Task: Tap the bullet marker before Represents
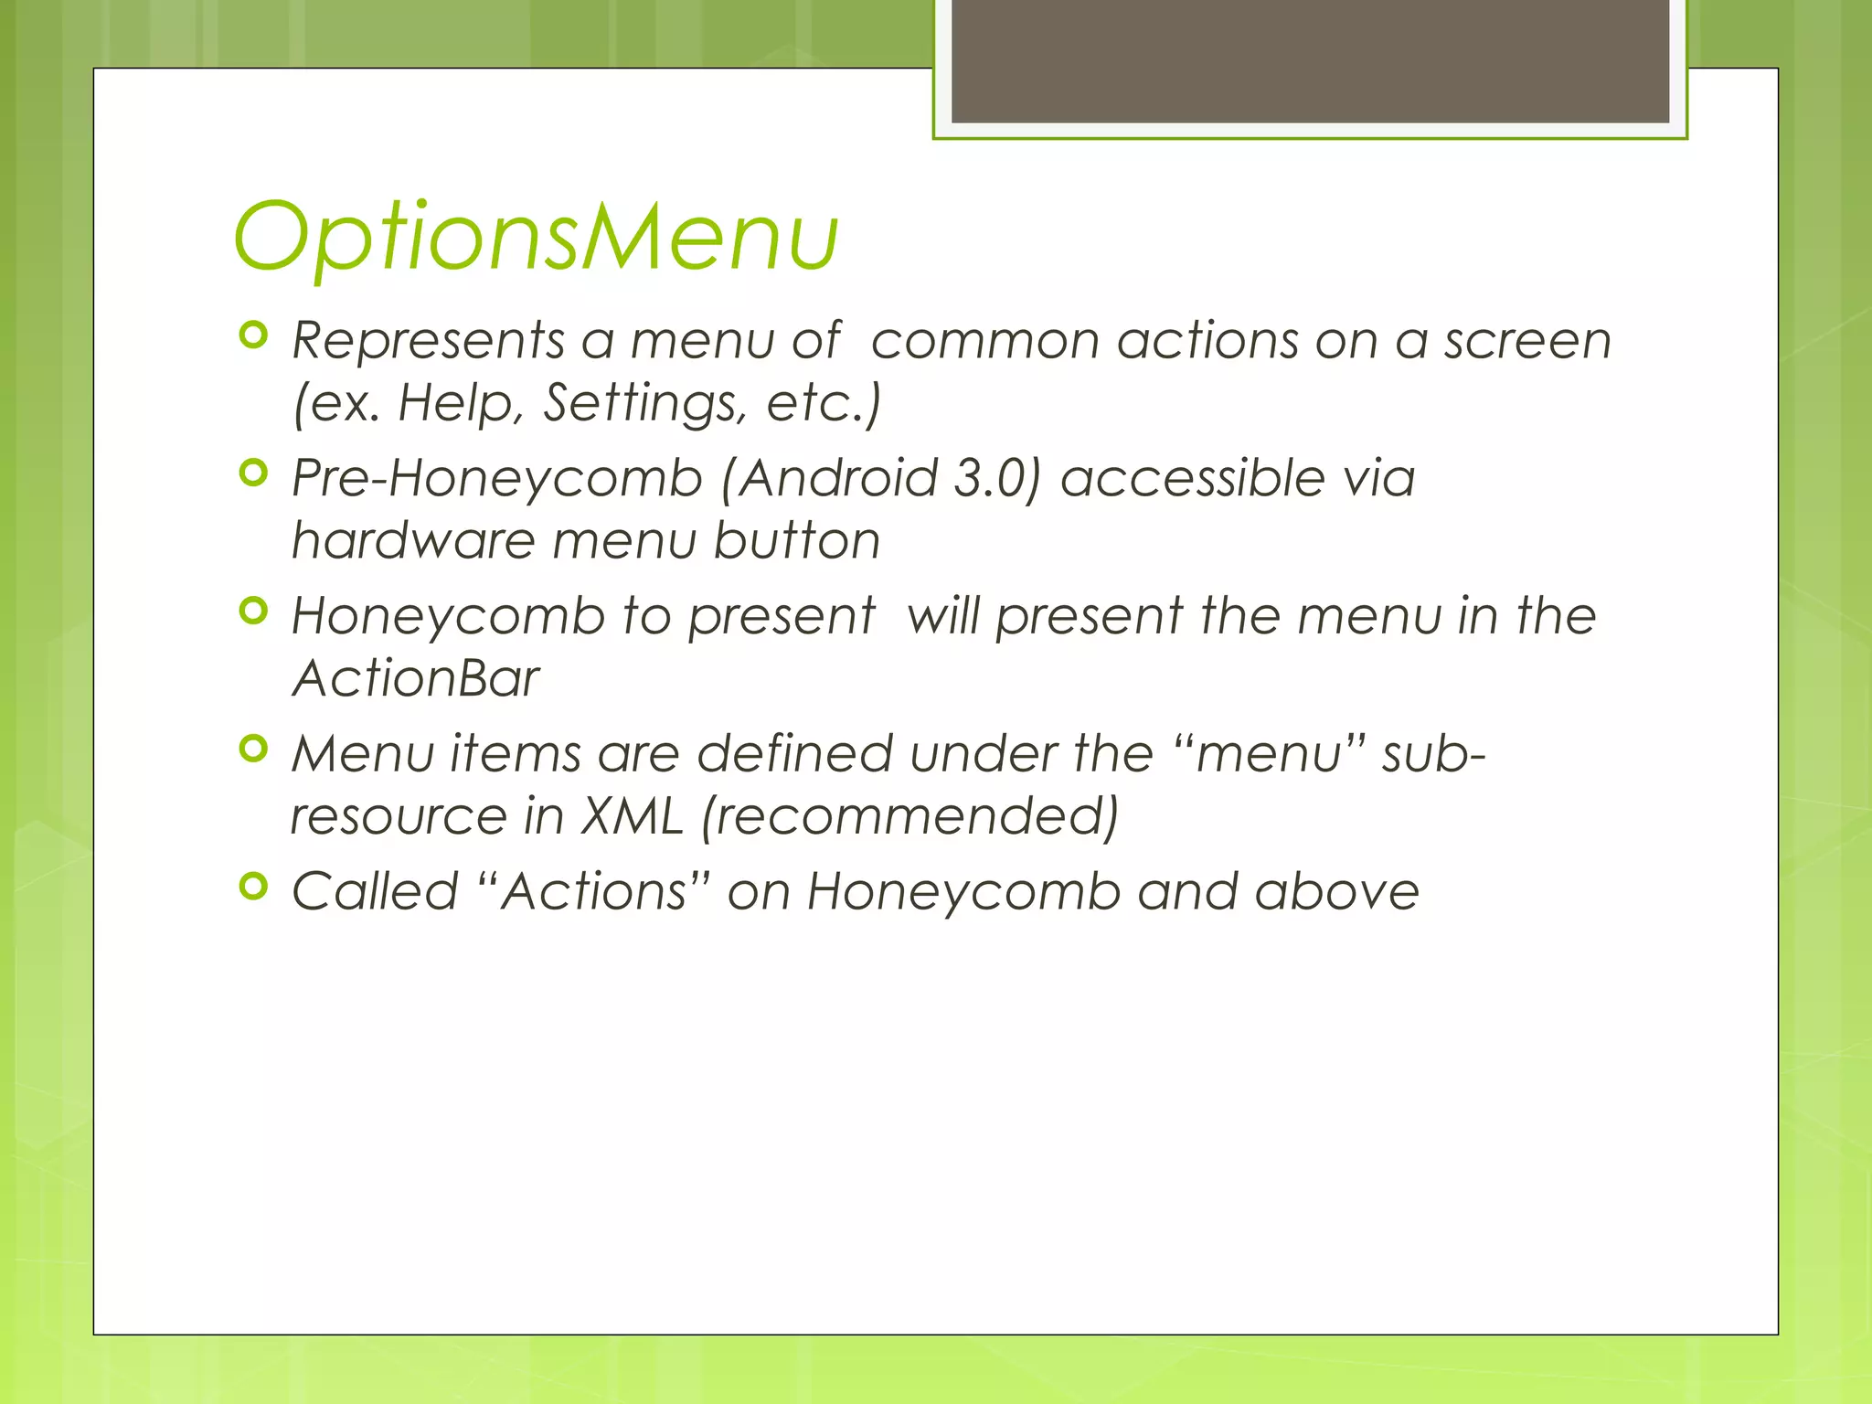coord(253,335)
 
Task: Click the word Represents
coord(428,342)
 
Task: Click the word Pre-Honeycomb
coord(496,479)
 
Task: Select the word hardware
coord(412,540)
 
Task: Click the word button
coord(796,540)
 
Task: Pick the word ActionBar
coord(416,678)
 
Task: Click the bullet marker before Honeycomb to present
coord(253,611)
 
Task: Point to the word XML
coord(633,816)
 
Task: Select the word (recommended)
coord(909,816)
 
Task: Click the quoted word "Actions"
coord(593,891)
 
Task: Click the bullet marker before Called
coord(253,886)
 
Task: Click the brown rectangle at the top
coord(1310,60)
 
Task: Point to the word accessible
coord(1192,478)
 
